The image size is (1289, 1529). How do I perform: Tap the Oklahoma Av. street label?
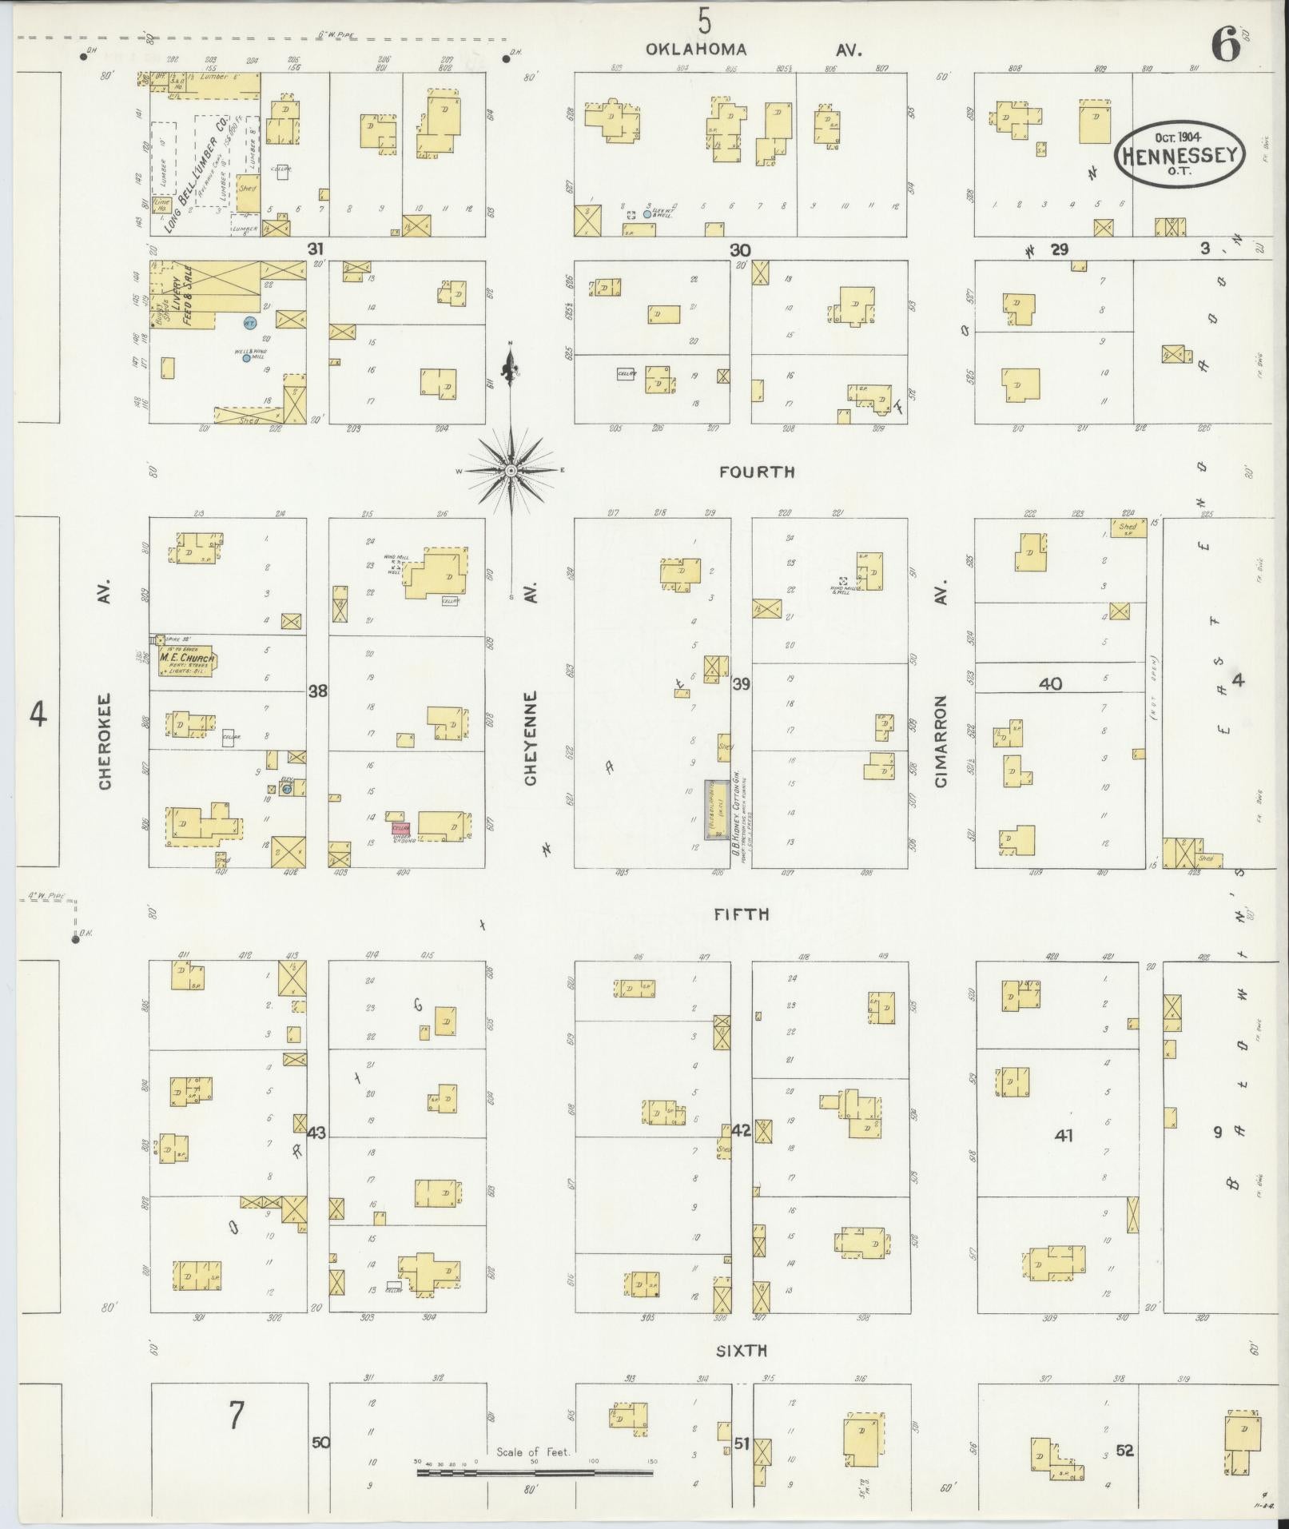point(754,50)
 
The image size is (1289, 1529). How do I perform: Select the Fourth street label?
point(756,472)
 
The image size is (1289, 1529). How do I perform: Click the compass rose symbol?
point(510,470)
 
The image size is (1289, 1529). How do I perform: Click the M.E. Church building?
point(185,659)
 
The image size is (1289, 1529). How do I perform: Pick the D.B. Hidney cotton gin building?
point(715,809)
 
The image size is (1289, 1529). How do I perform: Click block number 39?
point(741,683)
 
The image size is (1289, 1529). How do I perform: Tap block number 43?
point(316,1133)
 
